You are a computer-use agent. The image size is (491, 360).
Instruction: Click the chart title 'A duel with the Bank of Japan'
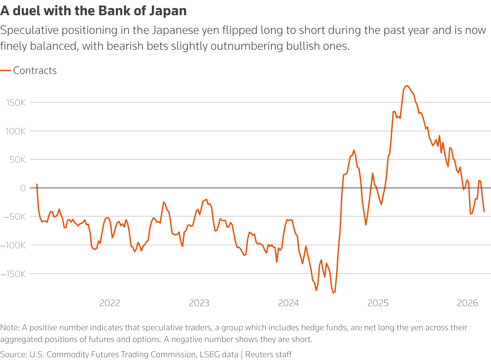[93, 11]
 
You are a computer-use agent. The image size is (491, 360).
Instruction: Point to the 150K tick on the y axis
[16, 103]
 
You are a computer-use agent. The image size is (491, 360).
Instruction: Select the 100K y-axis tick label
[16, 131]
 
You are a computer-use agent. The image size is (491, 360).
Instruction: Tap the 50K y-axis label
[18, 160]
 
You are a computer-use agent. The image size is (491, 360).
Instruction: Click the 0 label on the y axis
[23, 188]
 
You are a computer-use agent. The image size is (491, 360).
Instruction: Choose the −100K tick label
[13, 245]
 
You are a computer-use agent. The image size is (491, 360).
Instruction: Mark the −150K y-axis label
[13, 274]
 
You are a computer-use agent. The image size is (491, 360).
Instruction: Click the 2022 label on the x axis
[110, 303]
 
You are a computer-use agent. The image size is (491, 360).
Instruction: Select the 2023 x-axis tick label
[199, 303]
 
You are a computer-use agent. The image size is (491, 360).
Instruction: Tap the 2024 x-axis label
[288, 303]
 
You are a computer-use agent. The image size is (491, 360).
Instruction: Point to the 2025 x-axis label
[378, 303]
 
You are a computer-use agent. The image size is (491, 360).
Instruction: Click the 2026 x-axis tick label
[467, 303]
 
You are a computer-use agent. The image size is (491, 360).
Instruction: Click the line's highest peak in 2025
[407, 86]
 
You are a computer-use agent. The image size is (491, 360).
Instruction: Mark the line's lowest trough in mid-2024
[333, 293]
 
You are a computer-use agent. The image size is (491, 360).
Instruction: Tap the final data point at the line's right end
[484, 211]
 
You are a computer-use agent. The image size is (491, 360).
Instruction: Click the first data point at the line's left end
[37, 184]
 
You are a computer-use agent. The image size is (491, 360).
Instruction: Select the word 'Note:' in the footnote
[10, 328]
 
